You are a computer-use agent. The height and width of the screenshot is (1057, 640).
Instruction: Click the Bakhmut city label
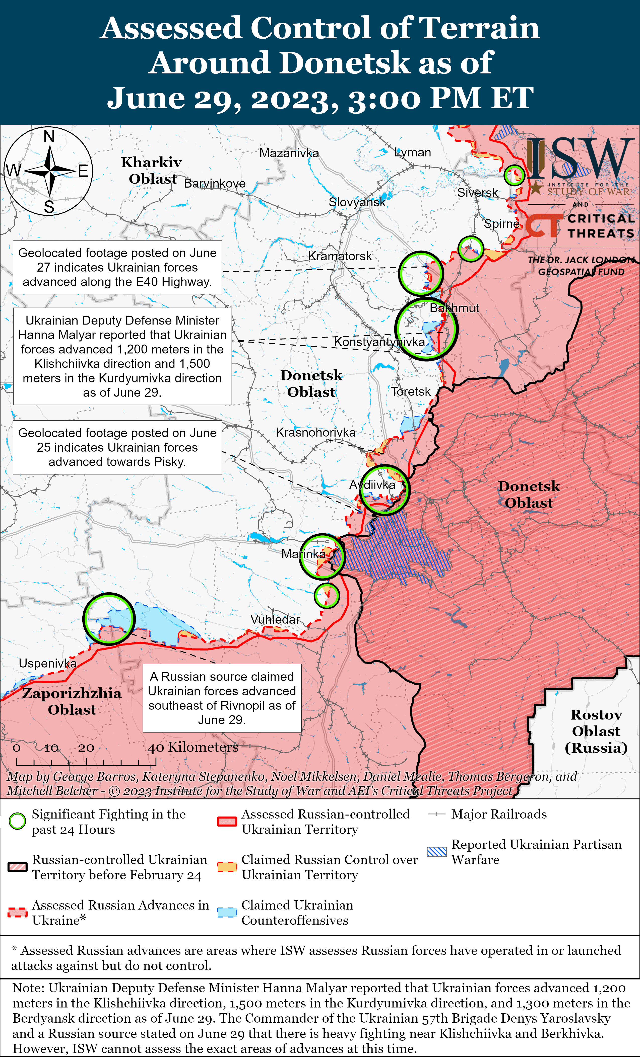[454, 308]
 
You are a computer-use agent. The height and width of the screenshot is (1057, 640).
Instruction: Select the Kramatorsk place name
[340, 256]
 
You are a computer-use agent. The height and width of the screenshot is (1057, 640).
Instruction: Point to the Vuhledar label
[275, 619]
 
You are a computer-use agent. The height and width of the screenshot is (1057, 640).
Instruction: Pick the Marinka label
[303, 554]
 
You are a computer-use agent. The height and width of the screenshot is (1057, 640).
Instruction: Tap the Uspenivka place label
[48, 663]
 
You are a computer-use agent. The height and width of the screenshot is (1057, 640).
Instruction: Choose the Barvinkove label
[215, 184]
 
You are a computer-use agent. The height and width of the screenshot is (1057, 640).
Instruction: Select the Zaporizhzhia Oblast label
[72, 701]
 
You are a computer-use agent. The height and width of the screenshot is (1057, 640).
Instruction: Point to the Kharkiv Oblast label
[152, 170]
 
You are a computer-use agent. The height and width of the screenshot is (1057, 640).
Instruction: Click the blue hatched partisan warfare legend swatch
[437, 852]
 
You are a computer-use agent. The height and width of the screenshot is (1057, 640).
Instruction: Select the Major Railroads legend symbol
[437, 814]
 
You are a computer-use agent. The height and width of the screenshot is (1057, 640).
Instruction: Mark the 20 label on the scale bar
[86, 748]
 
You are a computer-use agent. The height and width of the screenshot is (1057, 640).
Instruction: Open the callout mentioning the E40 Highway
[117, 267]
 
